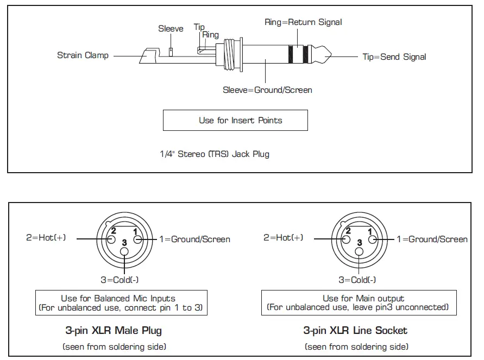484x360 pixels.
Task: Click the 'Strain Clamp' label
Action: pyautogui.click(x=83, y=55)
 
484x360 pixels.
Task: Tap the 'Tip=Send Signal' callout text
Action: pyautogui.click(x=394, y=57)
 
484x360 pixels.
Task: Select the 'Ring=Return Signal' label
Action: pyautogui.click(x=303, y=22)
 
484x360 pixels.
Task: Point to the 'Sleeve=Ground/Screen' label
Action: pyautogui.click(x=267, y=90)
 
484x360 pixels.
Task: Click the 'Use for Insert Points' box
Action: pyautogui.click(x=235, y=121)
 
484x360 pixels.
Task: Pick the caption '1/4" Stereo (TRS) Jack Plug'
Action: pyautogui.click(x=215, y=154)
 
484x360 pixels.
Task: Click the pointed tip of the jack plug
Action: pyautogui.click(x=331, y=55)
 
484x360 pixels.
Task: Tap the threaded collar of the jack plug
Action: pyautogui.click(x=229, y=54)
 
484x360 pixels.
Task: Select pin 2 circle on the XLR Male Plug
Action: pyautogui.click(x=111, y=239)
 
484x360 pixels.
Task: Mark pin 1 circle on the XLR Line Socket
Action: pyautogui.click(x=373, y=239)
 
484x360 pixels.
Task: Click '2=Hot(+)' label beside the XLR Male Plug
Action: pyautogui.click(x=46, y=237)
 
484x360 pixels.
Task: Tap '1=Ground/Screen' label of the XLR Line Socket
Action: pyautogui.click(x=432, y=239)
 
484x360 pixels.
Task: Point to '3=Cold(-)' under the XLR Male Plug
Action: pyautogui.click(x=120, y=280)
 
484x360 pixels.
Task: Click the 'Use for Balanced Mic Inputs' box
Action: pyautogui.click(x=121, y=302)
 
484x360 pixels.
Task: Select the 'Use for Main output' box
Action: pyautogui.click(x=359, y=302)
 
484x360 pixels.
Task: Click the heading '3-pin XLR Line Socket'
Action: pyautogui.click(x=355, y=330)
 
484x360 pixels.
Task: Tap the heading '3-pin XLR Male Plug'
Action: pyautogui.click(x=114, y=330)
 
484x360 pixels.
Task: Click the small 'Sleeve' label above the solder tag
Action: pyautogui.click(x=171, y=29)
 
